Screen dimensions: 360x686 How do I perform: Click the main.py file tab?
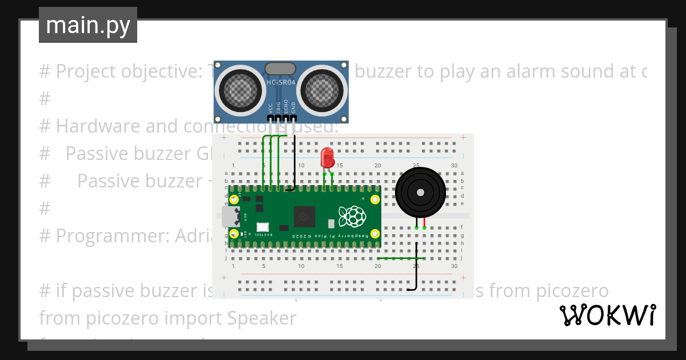[87, 25]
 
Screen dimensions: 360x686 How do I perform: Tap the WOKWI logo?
[607, 315]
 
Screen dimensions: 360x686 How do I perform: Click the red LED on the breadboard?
[327, 157]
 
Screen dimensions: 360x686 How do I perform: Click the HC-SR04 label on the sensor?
[281, 82]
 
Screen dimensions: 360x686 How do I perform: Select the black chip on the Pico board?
[304, 217]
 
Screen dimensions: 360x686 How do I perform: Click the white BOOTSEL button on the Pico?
[263, 227]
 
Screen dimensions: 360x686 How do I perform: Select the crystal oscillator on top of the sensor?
[281, 69]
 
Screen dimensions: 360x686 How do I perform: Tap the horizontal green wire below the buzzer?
[400, 258]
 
